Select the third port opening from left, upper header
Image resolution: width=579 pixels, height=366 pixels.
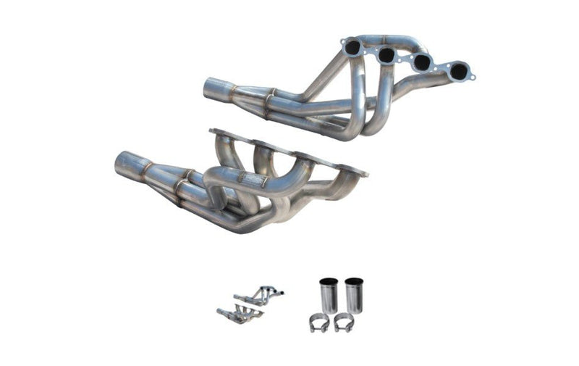coord(420,63)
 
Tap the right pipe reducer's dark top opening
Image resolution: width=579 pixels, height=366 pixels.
coord(353,281)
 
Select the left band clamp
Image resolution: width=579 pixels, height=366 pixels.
coord(319,323)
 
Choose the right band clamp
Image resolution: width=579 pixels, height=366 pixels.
coord(344,323)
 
